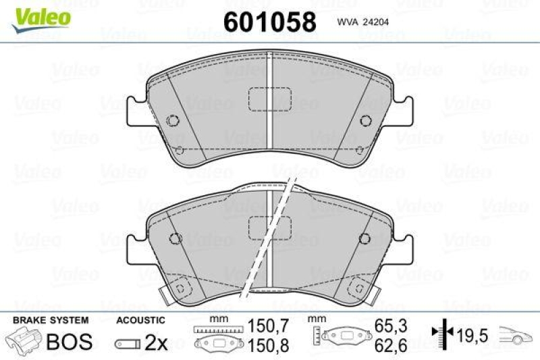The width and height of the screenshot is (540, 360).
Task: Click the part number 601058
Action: [269, 22]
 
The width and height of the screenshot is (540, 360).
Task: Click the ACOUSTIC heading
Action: [140, 320]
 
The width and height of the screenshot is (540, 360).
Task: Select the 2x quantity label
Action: [157, 343]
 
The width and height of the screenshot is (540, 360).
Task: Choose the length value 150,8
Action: [264, 345]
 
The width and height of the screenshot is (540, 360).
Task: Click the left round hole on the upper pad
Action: [173, 121]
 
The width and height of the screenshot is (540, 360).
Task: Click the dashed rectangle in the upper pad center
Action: [269, 99]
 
